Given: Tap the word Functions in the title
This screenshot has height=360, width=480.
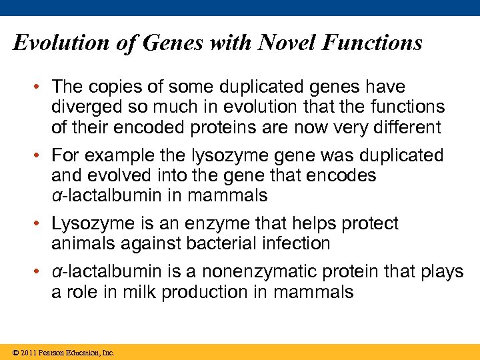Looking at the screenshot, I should point(371,43).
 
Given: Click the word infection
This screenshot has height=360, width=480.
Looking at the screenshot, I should point(296,243).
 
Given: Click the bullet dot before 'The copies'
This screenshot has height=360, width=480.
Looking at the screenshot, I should point(41,87).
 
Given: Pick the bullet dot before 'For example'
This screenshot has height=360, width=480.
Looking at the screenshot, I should point(41,156).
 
